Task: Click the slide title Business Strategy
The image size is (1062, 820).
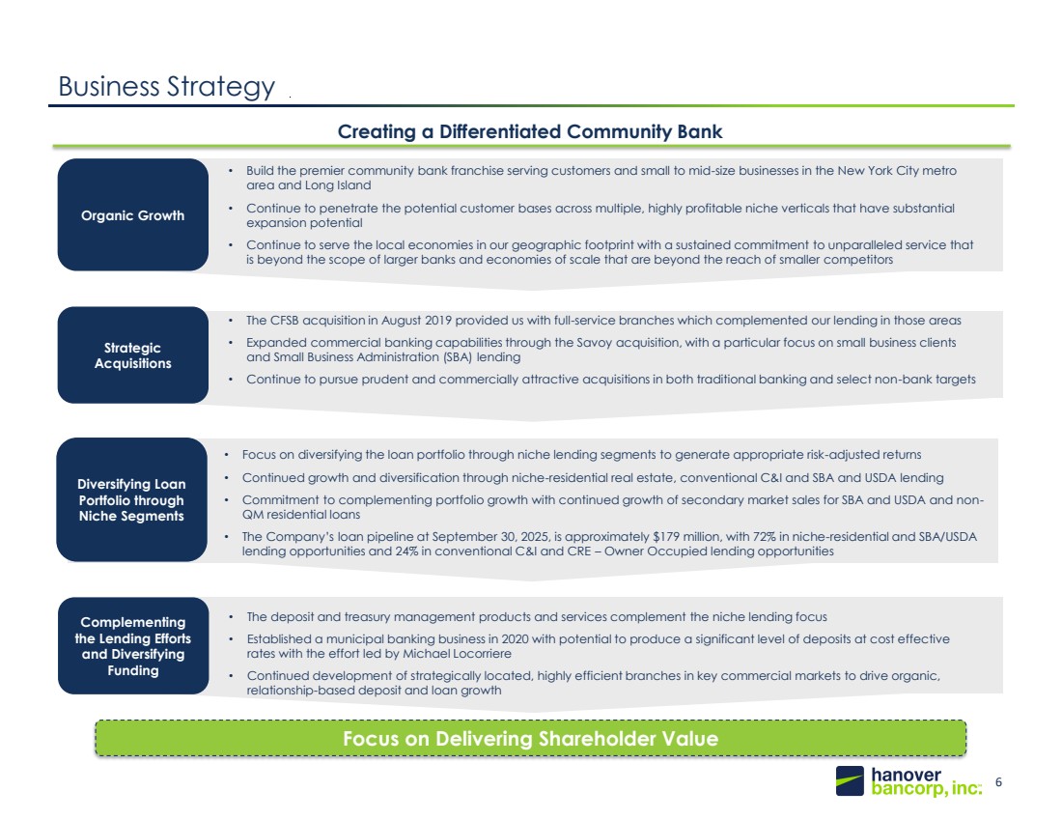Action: [166, 86]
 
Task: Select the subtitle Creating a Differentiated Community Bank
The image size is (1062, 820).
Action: [530, 131]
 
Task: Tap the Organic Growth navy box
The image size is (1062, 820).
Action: [133, 215]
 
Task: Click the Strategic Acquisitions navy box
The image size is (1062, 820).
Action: [133, 355]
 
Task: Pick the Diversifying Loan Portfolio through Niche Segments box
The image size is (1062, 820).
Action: [132, 500]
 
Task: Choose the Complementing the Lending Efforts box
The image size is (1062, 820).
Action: [133, 644]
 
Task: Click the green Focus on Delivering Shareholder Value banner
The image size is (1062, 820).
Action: [530, 739]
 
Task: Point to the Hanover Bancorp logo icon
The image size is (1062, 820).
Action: [851, 780]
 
